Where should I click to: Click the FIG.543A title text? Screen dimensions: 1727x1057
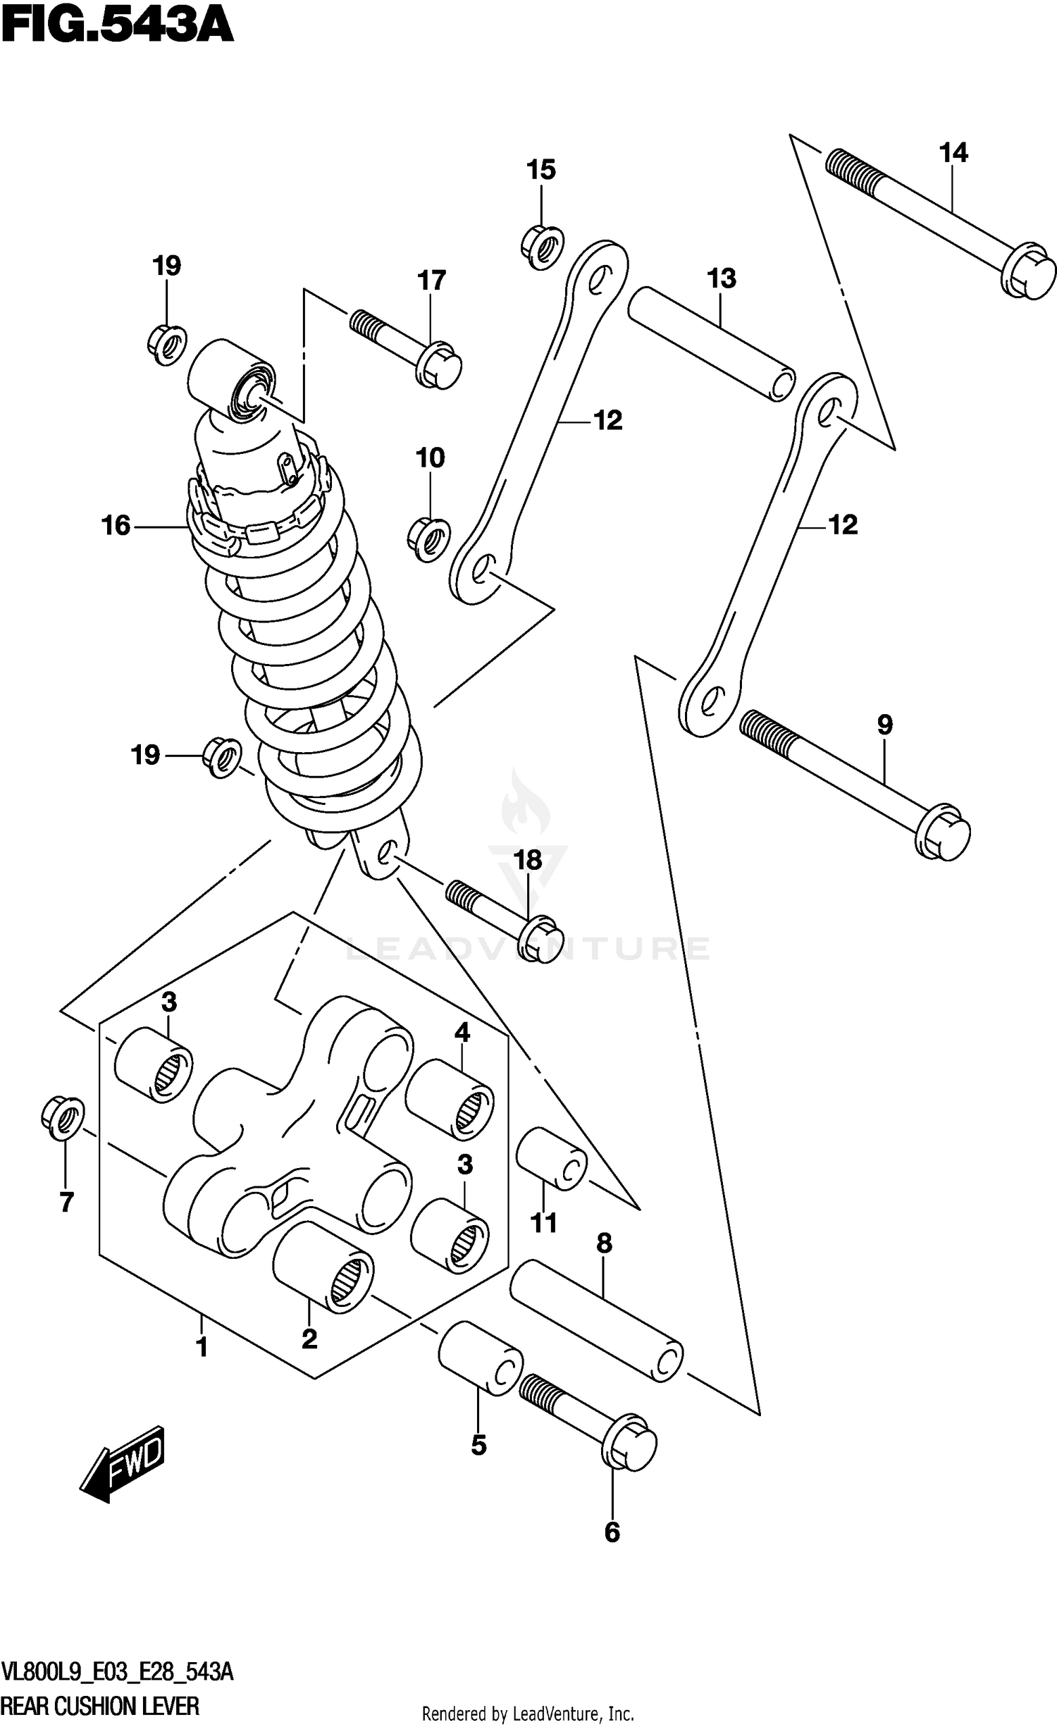[x=116, y=27]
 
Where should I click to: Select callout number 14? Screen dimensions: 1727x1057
[x=953, y=152]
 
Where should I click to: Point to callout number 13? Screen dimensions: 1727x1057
[x=721, y=278]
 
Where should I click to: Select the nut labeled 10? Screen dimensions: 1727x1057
[x=428, y=541]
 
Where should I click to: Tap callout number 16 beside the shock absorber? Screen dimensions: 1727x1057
[x=116, y=525]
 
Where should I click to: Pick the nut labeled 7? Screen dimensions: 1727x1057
[x=63, y=1118]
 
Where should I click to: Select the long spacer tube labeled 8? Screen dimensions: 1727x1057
[x=595, y=1320]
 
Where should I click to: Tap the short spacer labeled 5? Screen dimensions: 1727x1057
[x=481, y=1358]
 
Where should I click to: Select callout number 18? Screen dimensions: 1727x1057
[x=528, y=860]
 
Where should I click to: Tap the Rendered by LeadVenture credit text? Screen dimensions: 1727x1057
[x=528, y=1708]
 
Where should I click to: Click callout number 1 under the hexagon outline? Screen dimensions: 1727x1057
[x=202, y=1347]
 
